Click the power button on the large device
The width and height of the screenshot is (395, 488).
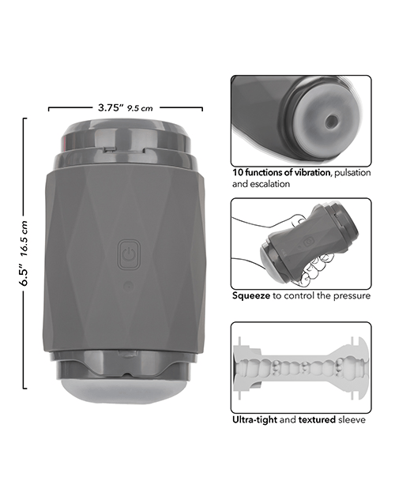click(130, 254)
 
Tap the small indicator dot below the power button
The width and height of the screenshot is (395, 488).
click(128, 285)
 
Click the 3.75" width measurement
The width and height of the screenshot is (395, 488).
click(109, 107)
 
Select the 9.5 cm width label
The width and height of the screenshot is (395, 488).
click(140, 108)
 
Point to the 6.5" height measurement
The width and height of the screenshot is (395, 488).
click(24, 276)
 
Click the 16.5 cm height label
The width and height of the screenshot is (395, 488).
click(24, 238)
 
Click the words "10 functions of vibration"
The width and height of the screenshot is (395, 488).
click(281, 172)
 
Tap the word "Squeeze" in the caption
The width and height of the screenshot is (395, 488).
click(251, 295)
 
